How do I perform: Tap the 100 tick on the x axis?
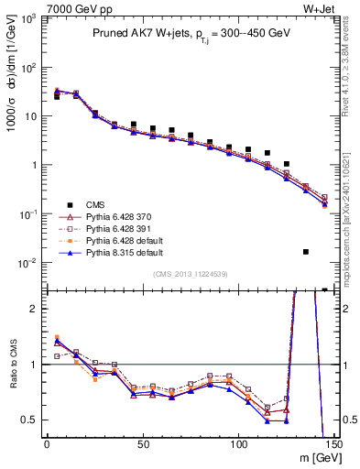point(239,444)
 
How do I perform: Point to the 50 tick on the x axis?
point(143,444)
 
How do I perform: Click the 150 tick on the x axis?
point(334,444)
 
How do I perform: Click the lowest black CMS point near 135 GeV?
point(306,252)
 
